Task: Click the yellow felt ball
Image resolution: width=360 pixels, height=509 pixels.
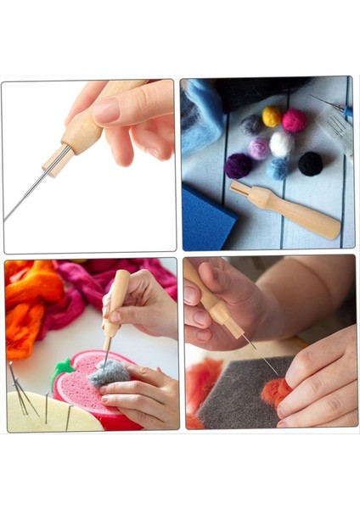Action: (272, 115)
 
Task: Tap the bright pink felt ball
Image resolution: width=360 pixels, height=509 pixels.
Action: (295, 120)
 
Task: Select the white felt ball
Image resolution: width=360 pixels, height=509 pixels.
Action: (281, 143)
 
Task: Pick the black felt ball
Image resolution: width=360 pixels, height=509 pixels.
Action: (310, 163)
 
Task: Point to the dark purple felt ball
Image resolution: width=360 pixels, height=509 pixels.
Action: (239, 165)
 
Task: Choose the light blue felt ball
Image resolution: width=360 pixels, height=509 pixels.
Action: (278, 168)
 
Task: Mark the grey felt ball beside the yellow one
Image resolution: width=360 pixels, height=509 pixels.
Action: (251, 126)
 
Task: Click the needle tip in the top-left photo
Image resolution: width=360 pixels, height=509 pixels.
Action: (8, 219)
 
